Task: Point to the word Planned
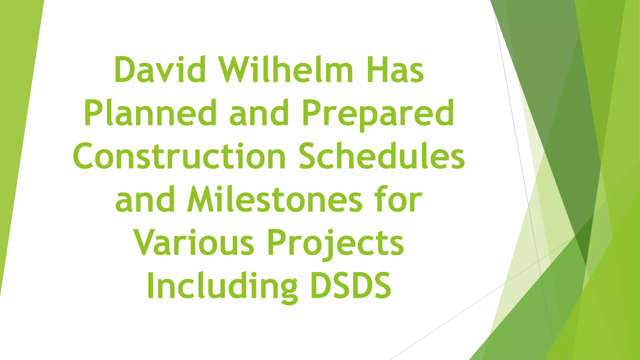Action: (x=150, y=112)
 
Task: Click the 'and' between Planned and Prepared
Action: (x=259, y=112)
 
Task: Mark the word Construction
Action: (x=179, y=156)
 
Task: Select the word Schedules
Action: (x=382, y=156)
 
